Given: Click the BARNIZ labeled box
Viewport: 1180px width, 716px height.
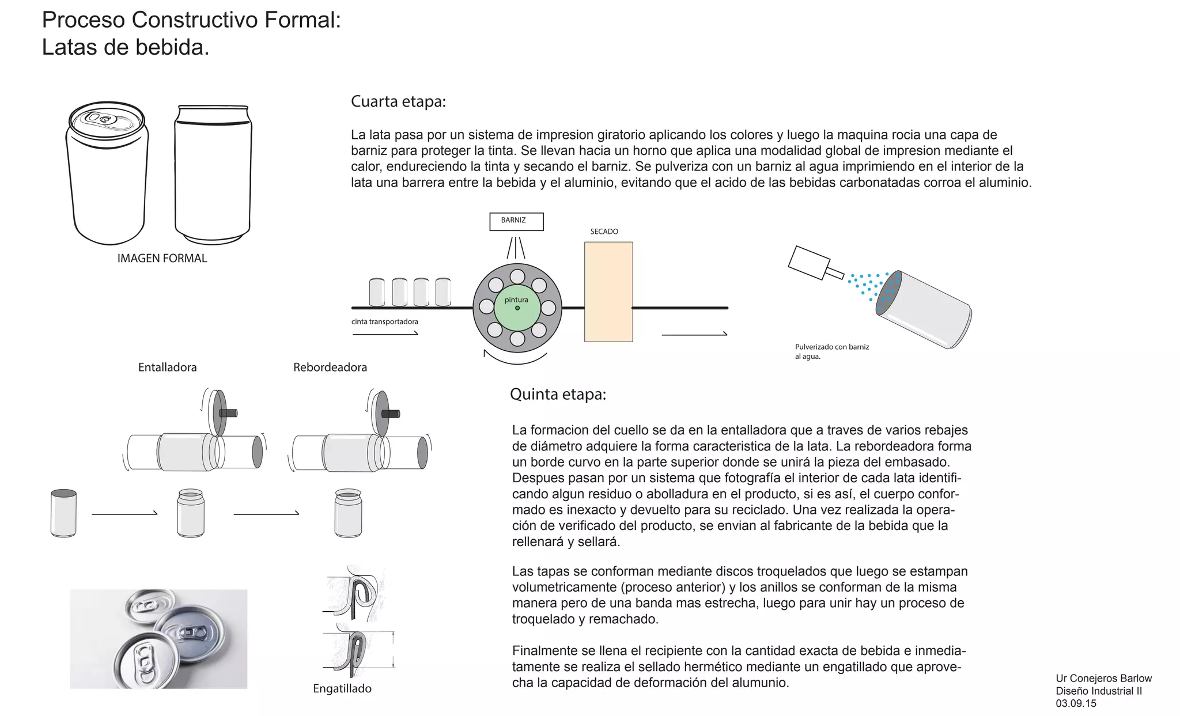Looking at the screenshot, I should coord(516,221).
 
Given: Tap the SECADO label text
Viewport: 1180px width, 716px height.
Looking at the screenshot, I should coord(604,232).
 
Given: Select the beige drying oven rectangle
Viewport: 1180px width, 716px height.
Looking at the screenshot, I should coord(608,291).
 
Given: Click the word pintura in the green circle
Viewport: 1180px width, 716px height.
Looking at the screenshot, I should coord(516,300).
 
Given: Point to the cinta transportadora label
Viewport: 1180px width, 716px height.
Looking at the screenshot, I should coord(385,321).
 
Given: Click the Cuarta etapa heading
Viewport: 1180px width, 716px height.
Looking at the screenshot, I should coord(398,102).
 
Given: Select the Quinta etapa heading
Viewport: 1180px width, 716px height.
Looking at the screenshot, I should coord(558,395).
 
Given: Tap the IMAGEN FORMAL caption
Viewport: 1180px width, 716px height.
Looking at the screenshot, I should coord(162,259).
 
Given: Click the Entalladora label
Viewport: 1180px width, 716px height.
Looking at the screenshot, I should coord(167,368).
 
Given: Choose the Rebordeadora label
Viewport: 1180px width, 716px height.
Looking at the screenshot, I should coord(330,368).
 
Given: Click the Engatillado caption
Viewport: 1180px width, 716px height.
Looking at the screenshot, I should coord(342,689).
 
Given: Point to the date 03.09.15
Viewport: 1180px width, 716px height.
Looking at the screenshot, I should coord(1076,703).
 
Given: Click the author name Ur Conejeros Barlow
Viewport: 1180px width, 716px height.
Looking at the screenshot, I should coord(1103,679).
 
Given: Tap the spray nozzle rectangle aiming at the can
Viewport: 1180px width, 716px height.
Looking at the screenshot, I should coord(808,263).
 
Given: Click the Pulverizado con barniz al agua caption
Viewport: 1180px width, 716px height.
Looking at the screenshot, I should coord(831,351).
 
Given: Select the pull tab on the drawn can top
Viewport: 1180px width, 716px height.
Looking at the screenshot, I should coord(99,119).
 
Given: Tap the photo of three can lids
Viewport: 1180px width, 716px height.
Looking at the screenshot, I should coord(158,638).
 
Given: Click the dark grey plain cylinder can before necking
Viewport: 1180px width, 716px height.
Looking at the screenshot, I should coord(63,513).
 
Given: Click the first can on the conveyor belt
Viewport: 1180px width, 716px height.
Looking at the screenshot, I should coord(376,292).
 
